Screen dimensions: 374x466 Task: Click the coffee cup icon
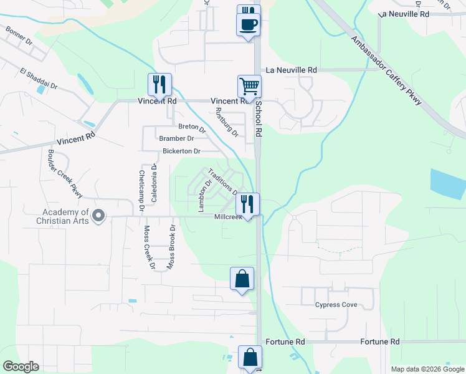click(248, 25)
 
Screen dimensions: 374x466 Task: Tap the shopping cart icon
click(249, 86)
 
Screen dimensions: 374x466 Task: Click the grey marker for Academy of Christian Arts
click(98, 216)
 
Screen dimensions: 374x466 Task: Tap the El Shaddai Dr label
click(38, 80)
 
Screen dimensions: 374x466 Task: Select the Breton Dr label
click(192, 127)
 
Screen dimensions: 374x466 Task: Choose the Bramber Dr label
click(176, 138)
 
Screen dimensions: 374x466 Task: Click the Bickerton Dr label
click(181, 151)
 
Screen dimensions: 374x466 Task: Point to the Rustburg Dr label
click(226, 122)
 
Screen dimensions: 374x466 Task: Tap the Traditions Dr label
click(222, 182)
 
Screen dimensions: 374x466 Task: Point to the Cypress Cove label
click(336, 305)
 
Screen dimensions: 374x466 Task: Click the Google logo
click(21, 367)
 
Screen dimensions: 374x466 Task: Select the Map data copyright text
click(427, 369)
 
